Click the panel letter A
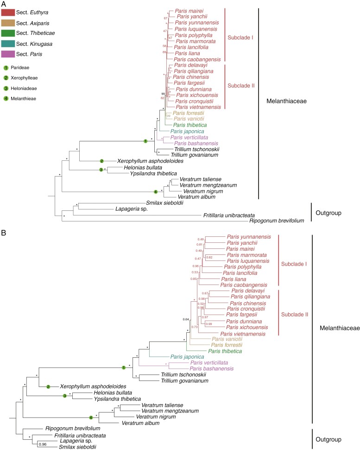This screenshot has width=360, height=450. point(4,4)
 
